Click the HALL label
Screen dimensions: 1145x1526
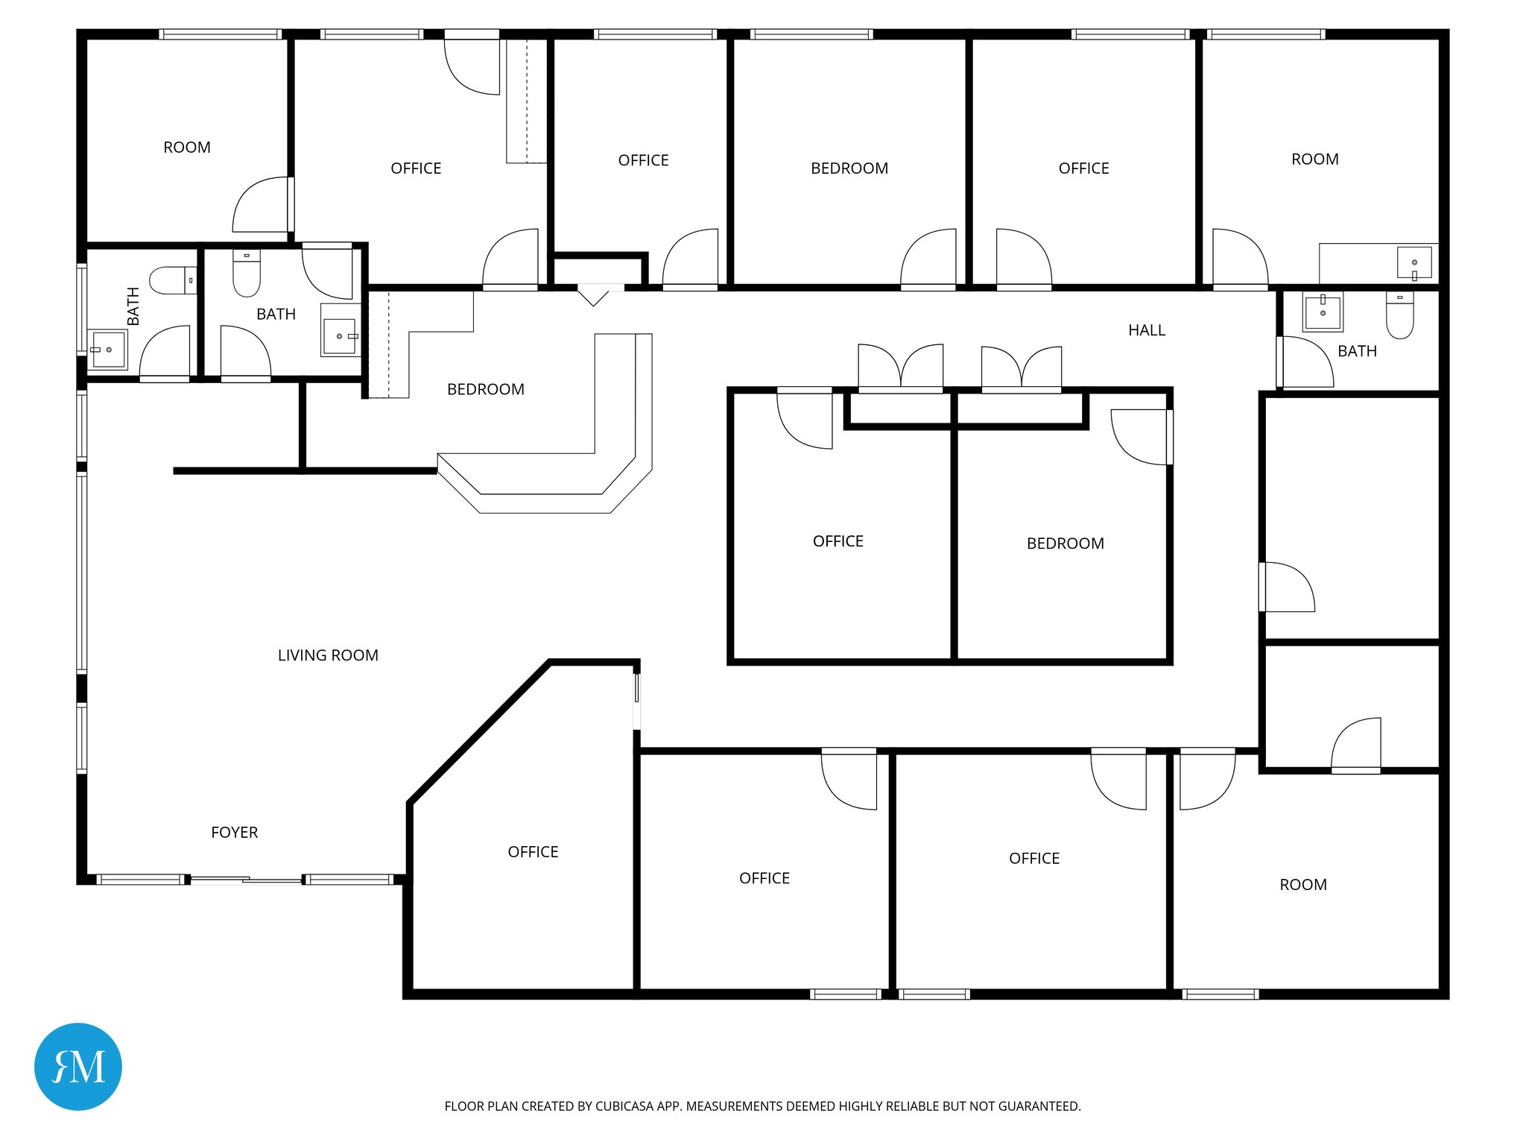click(x=1146, y=330)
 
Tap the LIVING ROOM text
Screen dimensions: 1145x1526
click(x=328, y=655)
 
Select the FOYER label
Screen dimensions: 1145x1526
click(x=234, y=833)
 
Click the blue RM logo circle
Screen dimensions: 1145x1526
click(x=78, y=1066)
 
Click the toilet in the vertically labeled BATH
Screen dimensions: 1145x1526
click(x=172, y=280)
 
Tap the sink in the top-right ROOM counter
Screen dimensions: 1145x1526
click(x=1413, y=263)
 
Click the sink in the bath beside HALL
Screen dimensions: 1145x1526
click(x=1323, y=310)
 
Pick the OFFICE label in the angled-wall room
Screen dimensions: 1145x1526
click(x=533, y=852)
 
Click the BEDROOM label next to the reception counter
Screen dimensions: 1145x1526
click(x=485, y=389)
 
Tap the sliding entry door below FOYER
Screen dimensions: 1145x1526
click(x=246, y=880)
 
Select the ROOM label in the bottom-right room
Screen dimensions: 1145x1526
click(x=1302, y=885)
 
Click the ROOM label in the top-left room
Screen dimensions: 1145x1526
click(x=187, y=148)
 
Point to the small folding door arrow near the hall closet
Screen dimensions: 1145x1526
click(x=594, y=296)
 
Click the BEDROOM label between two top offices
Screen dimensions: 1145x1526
click(x=849, y=168)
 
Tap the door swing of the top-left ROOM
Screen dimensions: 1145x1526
click(x=261, y=205)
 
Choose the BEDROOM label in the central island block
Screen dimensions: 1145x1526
click(x=1065, y=543)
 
